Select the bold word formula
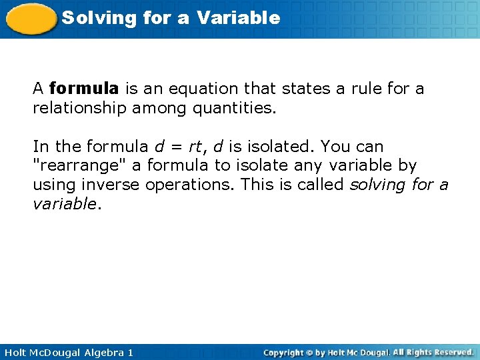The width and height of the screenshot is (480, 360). tap(84, 89)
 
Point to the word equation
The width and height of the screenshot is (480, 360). tap(196, 89)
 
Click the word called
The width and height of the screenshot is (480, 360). tap(323, 183)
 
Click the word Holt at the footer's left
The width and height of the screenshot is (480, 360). tap(15, 352)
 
